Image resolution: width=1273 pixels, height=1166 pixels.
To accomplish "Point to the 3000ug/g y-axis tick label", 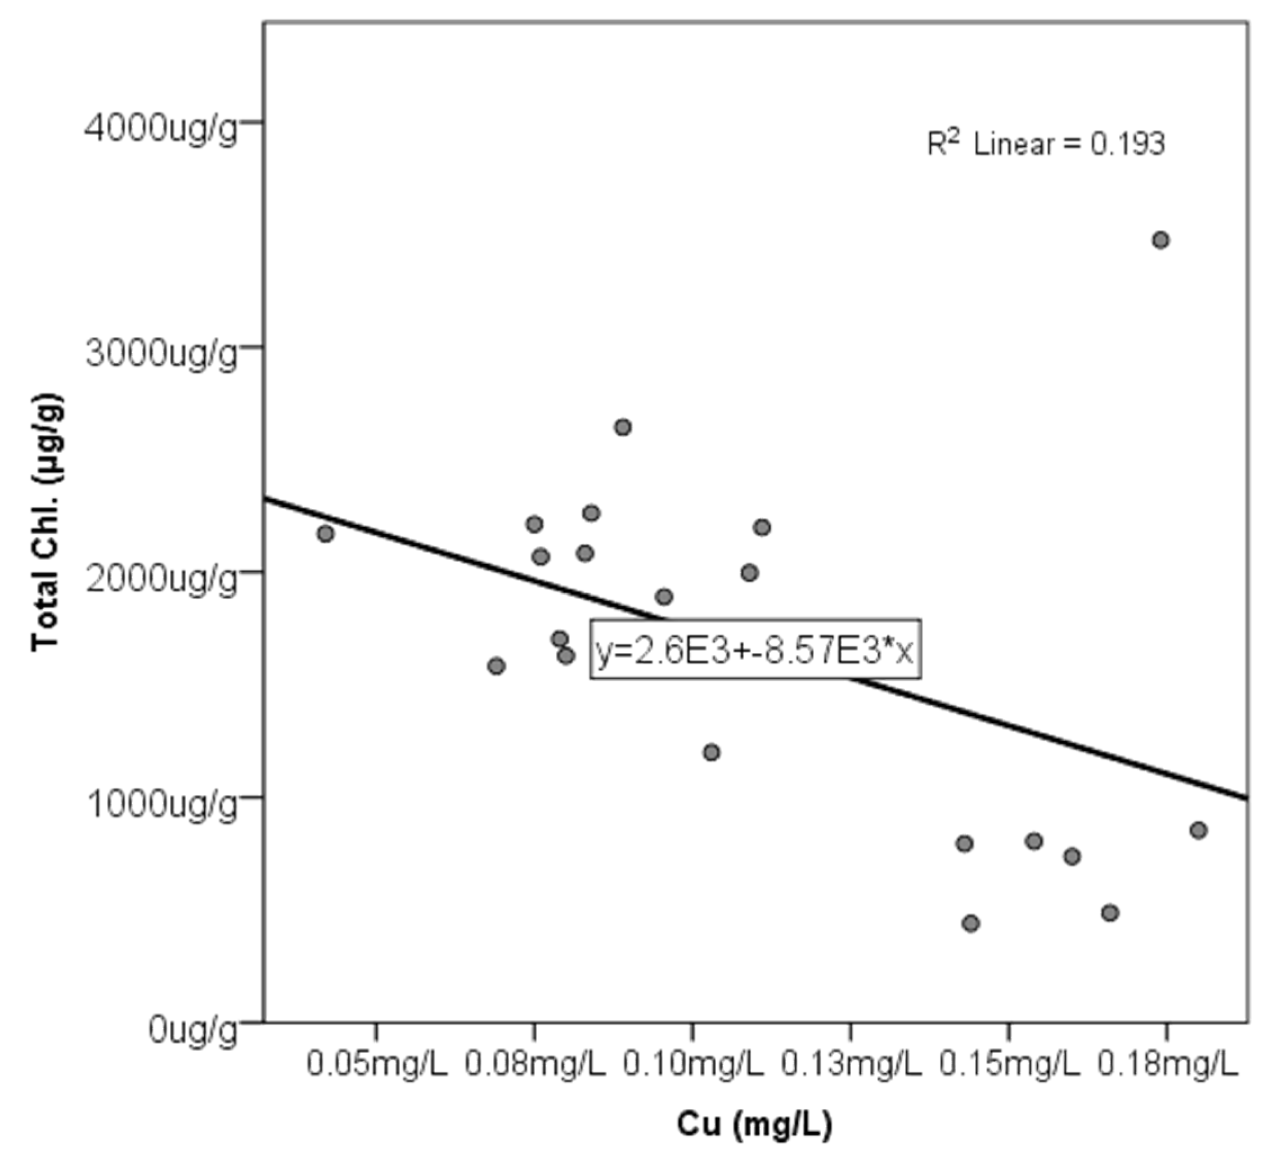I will tap(161, 355).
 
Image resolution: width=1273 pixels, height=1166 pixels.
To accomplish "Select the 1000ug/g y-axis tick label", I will tap(161, 805).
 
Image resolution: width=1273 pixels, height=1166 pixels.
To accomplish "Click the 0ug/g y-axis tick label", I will tap(193, 1030).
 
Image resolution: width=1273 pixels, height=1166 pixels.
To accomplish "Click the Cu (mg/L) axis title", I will tap(754, 1126).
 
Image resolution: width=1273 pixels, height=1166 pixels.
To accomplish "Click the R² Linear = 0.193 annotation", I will tap(1045, 145).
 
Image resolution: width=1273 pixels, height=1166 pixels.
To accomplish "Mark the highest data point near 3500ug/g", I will tap(1160, 240).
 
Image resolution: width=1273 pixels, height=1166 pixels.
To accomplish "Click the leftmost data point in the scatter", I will tap(326, 533).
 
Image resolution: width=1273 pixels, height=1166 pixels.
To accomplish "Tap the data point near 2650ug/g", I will tap(623, 427).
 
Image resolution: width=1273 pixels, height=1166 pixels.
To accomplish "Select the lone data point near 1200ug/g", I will tap(712, 753).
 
